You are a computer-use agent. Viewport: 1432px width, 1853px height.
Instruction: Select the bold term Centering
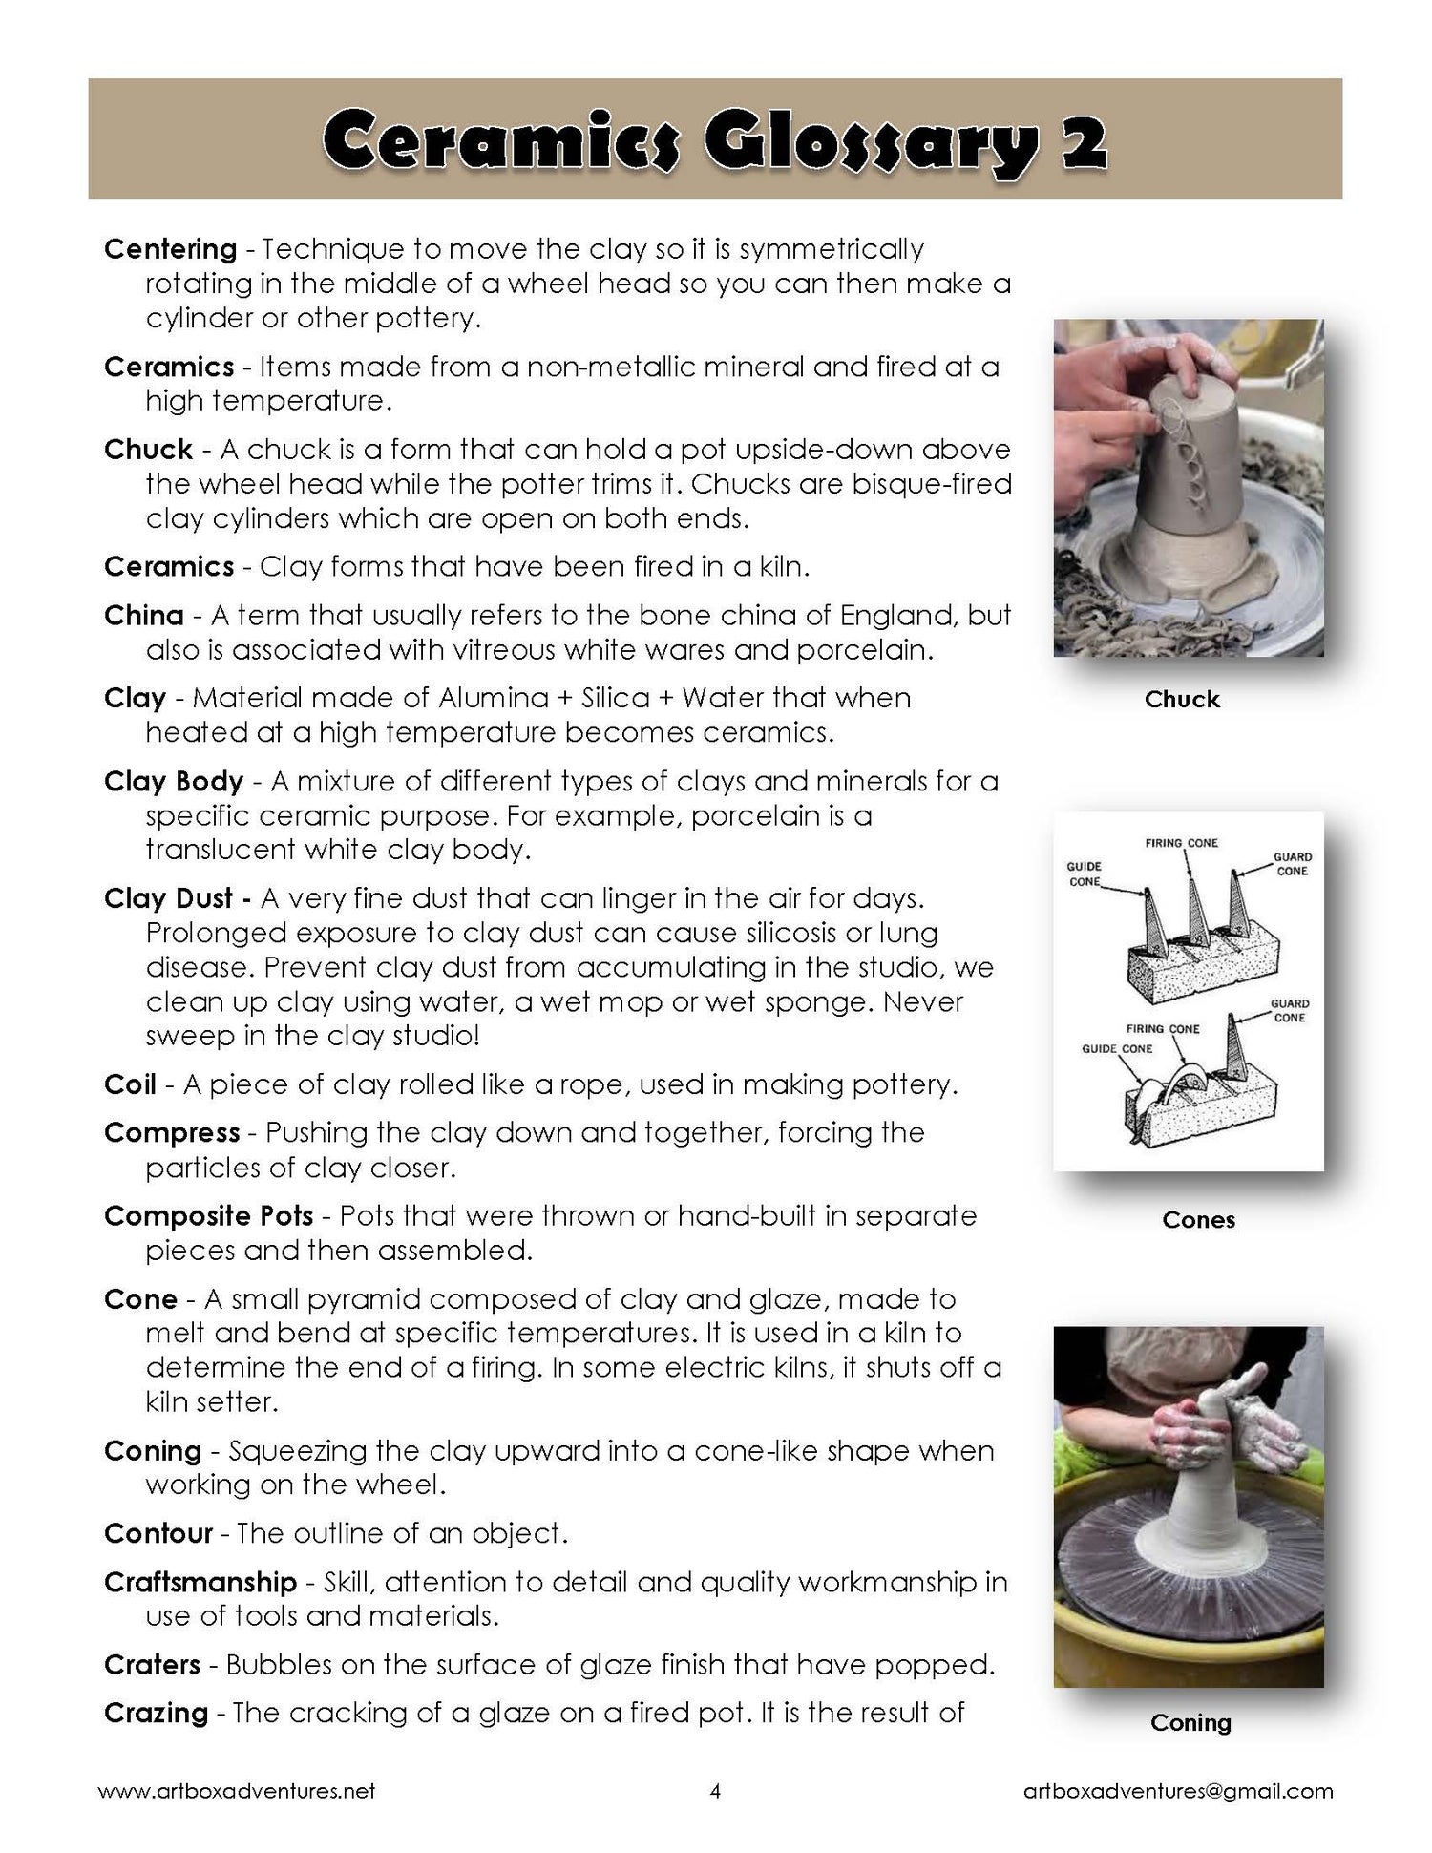[170, 250]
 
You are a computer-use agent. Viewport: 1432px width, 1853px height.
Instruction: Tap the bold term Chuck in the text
[148, 450]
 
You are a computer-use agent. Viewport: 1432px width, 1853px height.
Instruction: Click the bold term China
[143, 616]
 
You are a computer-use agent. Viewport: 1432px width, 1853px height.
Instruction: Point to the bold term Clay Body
[174, 782]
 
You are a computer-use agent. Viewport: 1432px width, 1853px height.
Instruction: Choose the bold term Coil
[130, 1085]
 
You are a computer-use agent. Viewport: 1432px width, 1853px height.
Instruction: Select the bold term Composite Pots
[208, 1216]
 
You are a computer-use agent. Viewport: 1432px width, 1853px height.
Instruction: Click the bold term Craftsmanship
[200, 1583]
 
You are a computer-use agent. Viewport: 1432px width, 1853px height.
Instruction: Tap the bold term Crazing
[156, 1714]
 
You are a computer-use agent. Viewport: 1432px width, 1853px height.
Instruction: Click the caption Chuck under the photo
[1182, 700]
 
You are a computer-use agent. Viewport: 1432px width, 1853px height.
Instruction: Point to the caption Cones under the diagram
[1198, 1220]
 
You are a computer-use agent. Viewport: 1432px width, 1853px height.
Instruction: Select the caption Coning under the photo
[1190, 1723]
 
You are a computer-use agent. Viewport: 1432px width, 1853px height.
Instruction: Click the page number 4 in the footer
[715, 1792]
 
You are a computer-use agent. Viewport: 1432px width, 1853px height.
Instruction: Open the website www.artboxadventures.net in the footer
[237, 1792]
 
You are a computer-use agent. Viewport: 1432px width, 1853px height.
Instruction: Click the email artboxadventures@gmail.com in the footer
[1177, 1792]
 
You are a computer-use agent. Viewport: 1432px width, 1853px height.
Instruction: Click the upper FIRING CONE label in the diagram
[1181, 843]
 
